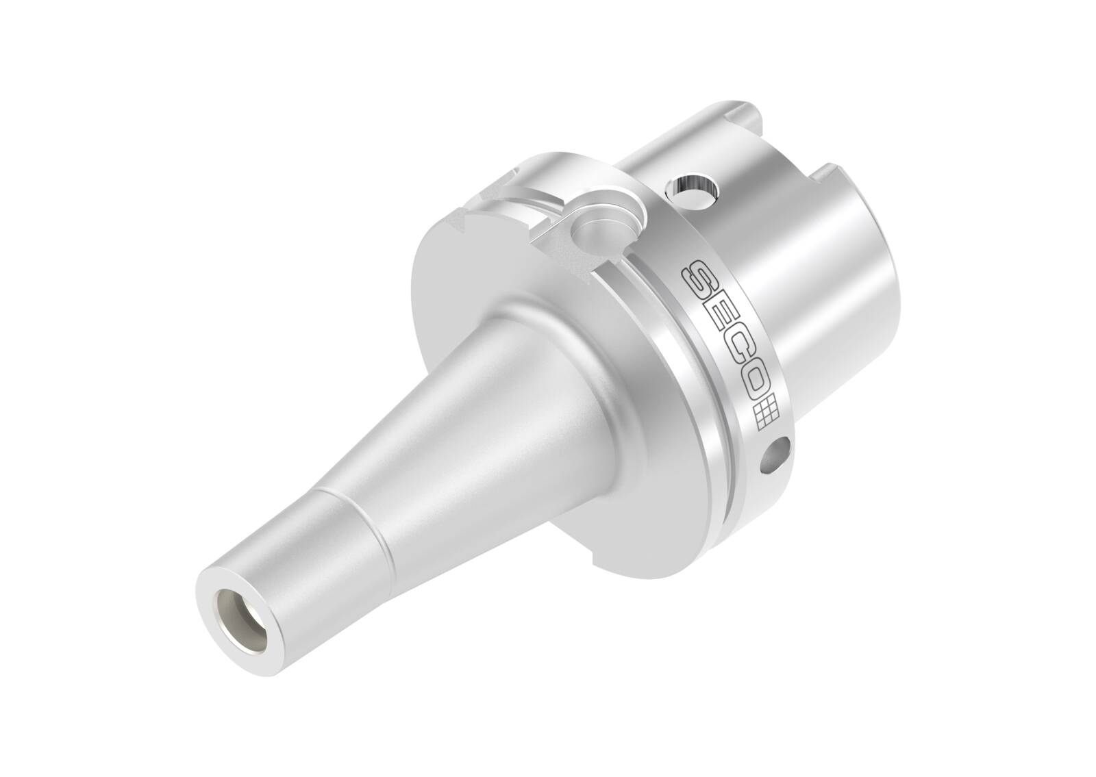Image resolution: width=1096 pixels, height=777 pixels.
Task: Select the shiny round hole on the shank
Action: point(693,184)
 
